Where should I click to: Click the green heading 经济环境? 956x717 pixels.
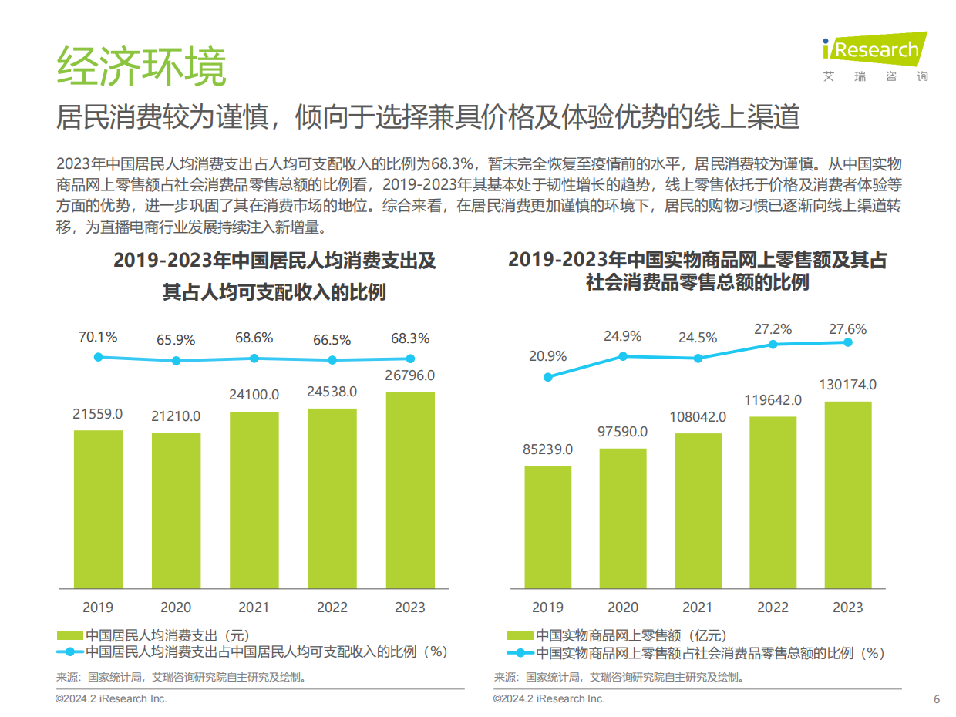pos(141,68)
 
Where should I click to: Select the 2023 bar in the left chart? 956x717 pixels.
pos(409,489)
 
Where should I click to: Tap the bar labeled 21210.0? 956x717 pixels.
pos(176,509)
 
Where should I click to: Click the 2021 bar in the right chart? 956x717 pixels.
pos(698,509)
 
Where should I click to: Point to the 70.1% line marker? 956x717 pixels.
pos(98,357)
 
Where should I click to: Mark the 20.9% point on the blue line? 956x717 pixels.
pos(547,377)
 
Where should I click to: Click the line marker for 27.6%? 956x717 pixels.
pos(848,342)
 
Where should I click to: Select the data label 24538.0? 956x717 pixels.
pos(332,392)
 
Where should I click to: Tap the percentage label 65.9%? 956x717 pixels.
pos(176,339)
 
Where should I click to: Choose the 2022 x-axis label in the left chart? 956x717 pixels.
pos(332,607)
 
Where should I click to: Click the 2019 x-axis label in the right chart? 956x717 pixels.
pos(547,607)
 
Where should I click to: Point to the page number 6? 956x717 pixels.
pos(937,699)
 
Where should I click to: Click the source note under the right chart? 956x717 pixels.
pos(621,678)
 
